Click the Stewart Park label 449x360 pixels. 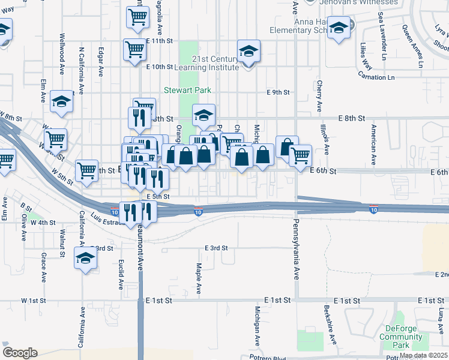point(187,91)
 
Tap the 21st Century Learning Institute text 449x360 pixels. point(215,63)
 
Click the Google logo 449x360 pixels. point(20,353)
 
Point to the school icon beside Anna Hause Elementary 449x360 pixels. point(339,28)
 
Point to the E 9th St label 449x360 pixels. point(279,92)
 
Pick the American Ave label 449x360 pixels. point(373,145)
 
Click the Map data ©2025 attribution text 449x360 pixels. point(423,355)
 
